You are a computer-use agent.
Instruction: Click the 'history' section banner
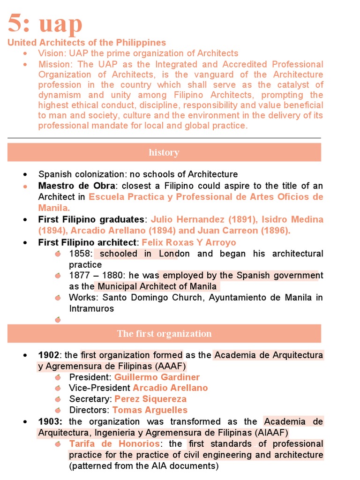[164, 152]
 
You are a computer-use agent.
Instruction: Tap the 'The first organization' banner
[164, 334]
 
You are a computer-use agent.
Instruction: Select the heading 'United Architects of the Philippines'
[87, 43]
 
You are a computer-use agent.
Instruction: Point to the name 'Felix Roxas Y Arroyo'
[188, 242]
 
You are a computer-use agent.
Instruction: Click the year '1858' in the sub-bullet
[79, 254]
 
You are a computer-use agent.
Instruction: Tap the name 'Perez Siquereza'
[150, 399]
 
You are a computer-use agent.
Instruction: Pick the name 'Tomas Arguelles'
[150, 410]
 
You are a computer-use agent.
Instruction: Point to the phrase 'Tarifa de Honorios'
[114, 443]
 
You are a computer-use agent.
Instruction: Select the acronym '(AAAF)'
[170, 366]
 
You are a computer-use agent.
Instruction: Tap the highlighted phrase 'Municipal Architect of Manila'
[157, 286]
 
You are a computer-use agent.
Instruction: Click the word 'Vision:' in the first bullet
[52, 53]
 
